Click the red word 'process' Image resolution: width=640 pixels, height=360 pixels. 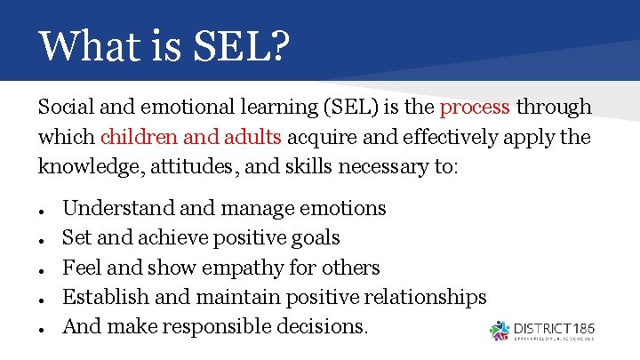(x=475, y=108)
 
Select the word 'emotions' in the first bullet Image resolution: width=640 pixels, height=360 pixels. (x=342, y=209)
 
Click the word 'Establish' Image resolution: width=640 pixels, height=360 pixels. (x=105, y=297)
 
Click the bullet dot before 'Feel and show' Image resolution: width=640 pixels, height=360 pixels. (x=43, y=269)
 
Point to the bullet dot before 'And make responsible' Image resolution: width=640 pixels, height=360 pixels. (x=43, y=328)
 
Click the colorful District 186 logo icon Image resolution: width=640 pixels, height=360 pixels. (x=500, y=330)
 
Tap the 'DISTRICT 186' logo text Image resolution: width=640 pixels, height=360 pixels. (x=555, y=327)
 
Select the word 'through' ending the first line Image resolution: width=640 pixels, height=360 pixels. (x=554, y=108)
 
